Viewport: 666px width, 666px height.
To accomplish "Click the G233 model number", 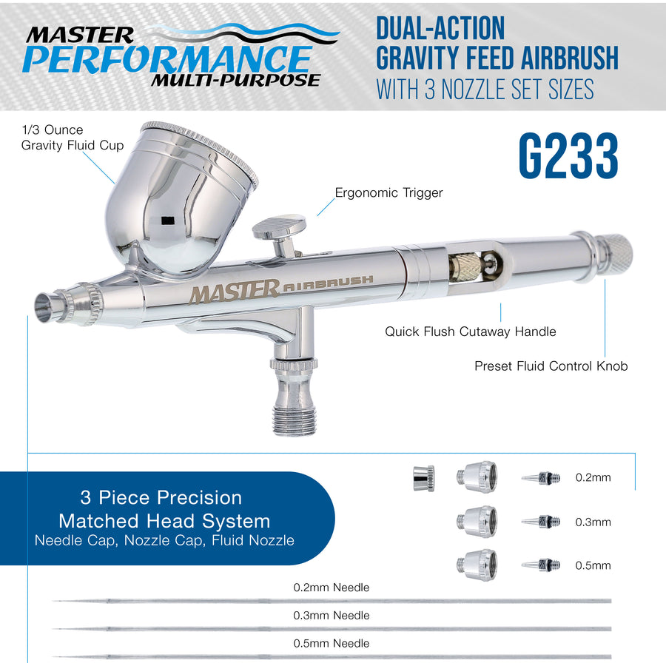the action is click(568, 155).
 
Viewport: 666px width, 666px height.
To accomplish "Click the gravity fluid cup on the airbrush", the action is click(178, 200).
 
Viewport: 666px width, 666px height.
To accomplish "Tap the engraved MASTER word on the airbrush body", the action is click(234, 292).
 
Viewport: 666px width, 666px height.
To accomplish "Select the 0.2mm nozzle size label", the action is click(593, 477).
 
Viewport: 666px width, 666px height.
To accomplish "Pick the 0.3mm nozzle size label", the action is click(593, 522).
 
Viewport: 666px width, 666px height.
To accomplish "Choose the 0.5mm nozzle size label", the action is click(593, 565).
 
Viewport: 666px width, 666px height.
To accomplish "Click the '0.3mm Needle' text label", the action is click(332, 615).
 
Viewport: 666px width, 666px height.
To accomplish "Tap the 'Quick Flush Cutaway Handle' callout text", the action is click(470, 332).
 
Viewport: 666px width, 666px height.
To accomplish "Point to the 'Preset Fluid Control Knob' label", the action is click(551, 366).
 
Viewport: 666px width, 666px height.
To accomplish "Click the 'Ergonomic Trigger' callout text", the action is click(388, 193).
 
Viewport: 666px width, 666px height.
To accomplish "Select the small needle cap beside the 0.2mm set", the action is click(423, 478).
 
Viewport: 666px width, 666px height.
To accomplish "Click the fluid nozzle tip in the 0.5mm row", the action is click(541, 565).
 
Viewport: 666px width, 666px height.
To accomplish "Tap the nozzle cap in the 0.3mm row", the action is click(477, 522).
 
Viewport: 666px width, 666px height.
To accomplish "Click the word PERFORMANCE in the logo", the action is click(168, 59).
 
